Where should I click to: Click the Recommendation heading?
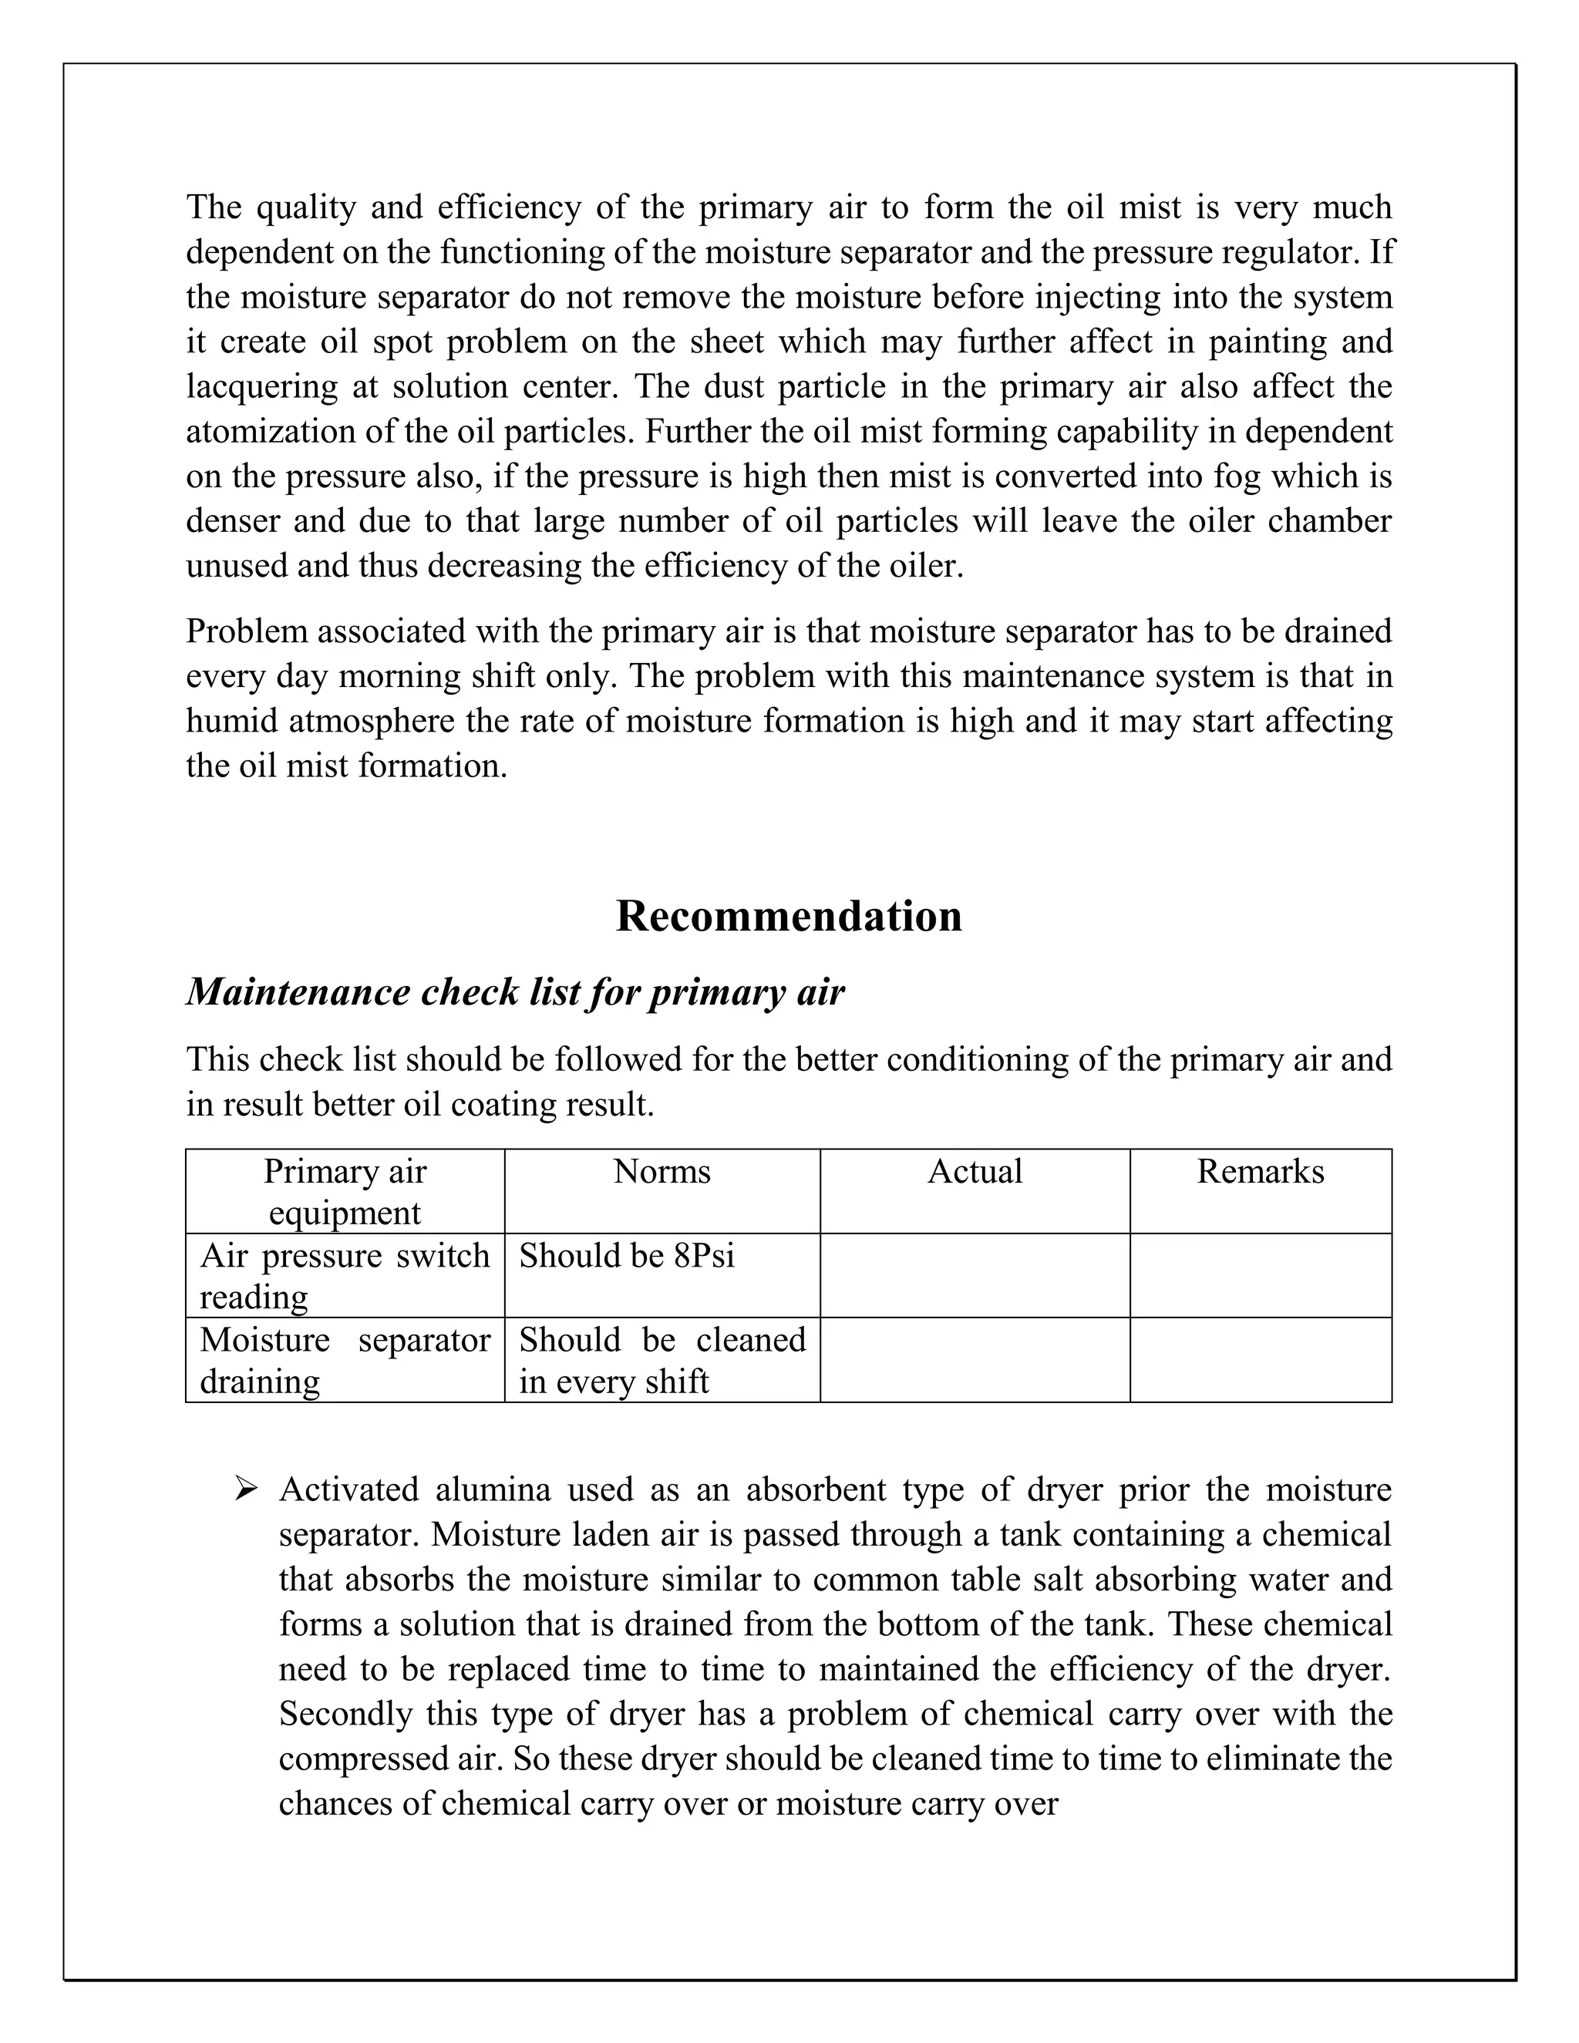point(789,916)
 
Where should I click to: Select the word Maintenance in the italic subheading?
point(298,992)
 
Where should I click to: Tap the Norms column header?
point(662,1171)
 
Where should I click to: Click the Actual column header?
point(975,1171)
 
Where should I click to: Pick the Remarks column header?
point(1260,1171)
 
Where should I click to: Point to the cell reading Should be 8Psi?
point(627,1255)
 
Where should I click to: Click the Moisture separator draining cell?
point(344,1360)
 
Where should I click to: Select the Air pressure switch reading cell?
point(344,1276)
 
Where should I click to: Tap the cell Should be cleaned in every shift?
point(662,1360)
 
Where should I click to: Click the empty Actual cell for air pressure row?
point(975,1276)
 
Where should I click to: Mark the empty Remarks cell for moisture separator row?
point(1260,1360)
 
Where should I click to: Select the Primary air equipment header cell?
point(344,1192)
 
